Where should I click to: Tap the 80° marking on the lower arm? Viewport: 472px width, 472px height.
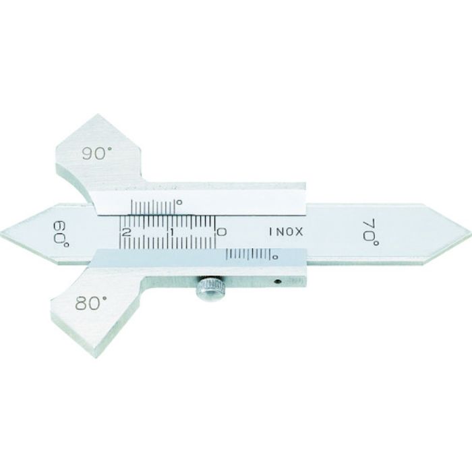pos(91,303)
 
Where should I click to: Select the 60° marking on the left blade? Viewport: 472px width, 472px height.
pos(61,235)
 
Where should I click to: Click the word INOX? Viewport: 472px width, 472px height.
pos(285,231)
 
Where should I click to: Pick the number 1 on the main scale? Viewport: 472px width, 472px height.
pos(171,232)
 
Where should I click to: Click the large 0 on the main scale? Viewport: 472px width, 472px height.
pos(222,232)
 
